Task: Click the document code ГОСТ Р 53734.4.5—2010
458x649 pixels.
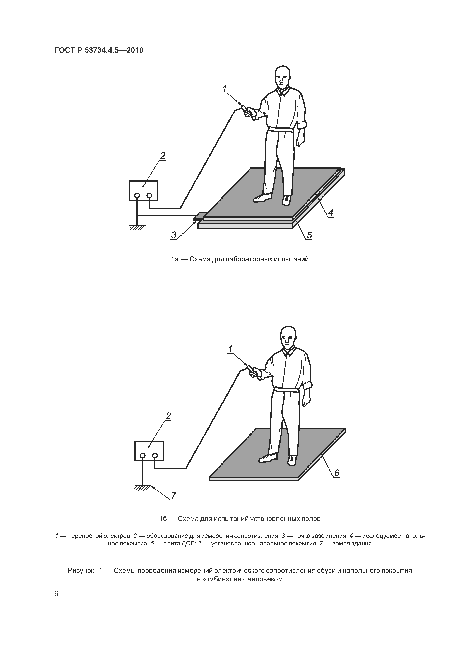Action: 99,50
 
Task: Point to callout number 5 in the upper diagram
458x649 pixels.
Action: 309,235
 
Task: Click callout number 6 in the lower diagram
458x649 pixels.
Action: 337,473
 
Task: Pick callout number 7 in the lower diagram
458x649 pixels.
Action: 174,495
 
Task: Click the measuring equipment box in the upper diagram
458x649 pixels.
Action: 143,191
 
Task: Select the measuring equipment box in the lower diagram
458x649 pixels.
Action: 149,450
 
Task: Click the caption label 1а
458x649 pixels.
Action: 175,259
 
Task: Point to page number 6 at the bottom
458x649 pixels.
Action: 56,594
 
